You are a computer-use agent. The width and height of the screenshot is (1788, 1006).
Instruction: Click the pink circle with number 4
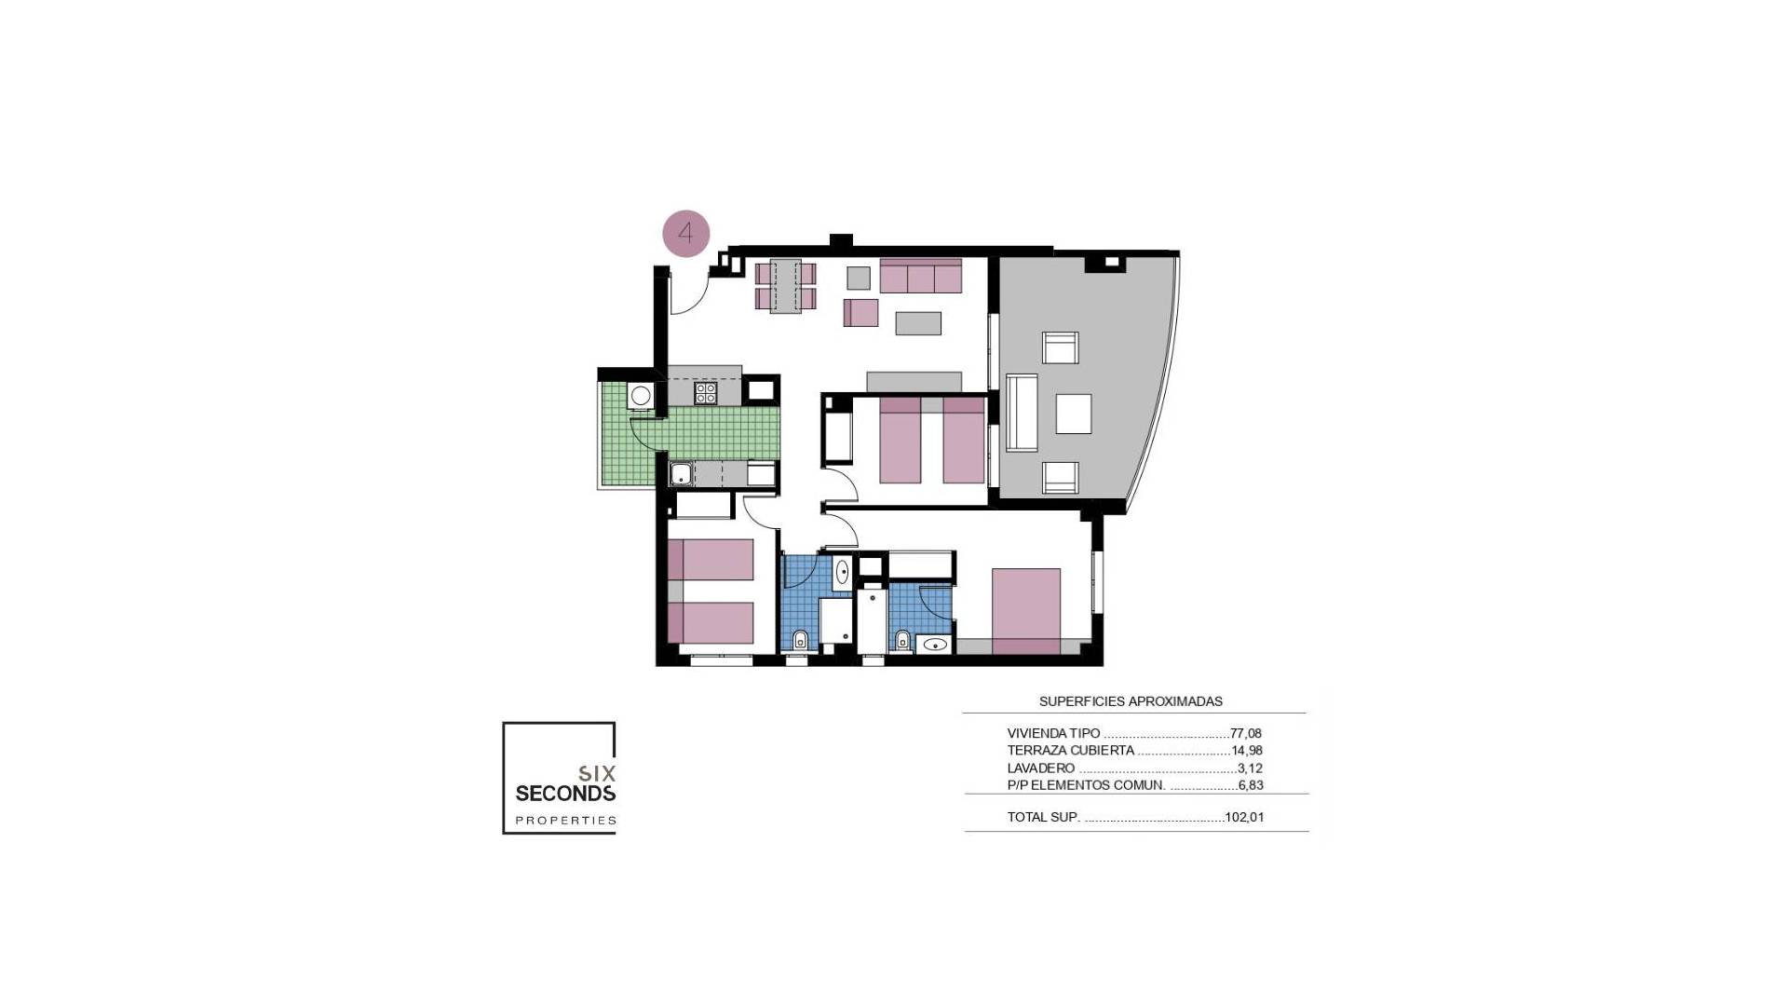pyautogui.click(x=686, y=233)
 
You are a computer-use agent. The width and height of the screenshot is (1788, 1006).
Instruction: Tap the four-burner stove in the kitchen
pyautogui.click(x=705, y=393)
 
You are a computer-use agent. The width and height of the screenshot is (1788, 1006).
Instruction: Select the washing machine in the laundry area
pyautogui.click(x=641, y=396)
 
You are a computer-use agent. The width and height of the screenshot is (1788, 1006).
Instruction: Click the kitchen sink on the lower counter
pyautogui.click(x=681, y=474)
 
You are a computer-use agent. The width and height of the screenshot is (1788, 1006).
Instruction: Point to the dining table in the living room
pyautogui.click(x=786, y=286)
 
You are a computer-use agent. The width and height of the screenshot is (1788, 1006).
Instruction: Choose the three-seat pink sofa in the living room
pyautogui.click(x=920, y=277)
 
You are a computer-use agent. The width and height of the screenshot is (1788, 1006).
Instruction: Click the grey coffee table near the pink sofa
pyautogui.click(x=918, y=322)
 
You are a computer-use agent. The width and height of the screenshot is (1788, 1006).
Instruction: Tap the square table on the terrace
pyautogui.click(x=1073, y=414)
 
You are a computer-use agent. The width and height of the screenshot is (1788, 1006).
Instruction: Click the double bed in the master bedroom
pyautogui.click(x=1025, y=610)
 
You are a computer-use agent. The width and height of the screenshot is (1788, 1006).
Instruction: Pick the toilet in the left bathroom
pyautogui.click(x=800, y=640)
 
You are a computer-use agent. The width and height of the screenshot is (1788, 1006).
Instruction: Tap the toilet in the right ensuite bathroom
pyautogui.click(x=901, y=640)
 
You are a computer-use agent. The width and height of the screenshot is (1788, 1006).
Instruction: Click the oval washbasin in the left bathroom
pyautogui.click(x=842, y=571)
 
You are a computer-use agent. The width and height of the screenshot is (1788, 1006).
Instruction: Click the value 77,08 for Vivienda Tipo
pyautogui.click(x=1246, y=734)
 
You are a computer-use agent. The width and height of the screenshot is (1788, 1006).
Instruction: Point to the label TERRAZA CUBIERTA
pyautogui.click(x=1070, y=751)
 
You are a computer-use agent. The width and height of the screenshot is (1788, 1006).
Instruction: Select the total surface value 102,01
pyautogui.click(x=1244, y=818)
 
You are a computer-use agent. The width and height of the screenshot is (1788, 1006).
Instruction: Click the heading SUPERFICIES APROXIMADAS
pyautogui.click(x=1131, y=701)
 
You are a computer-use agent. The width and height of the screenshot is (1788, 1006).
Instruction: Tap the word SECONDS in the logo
pyautogui.click(x=565, y=795)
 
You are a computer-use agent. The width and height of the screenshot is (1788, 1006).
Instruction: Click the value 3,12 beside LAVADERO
pyautogui.click(x=1250, y=768)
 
